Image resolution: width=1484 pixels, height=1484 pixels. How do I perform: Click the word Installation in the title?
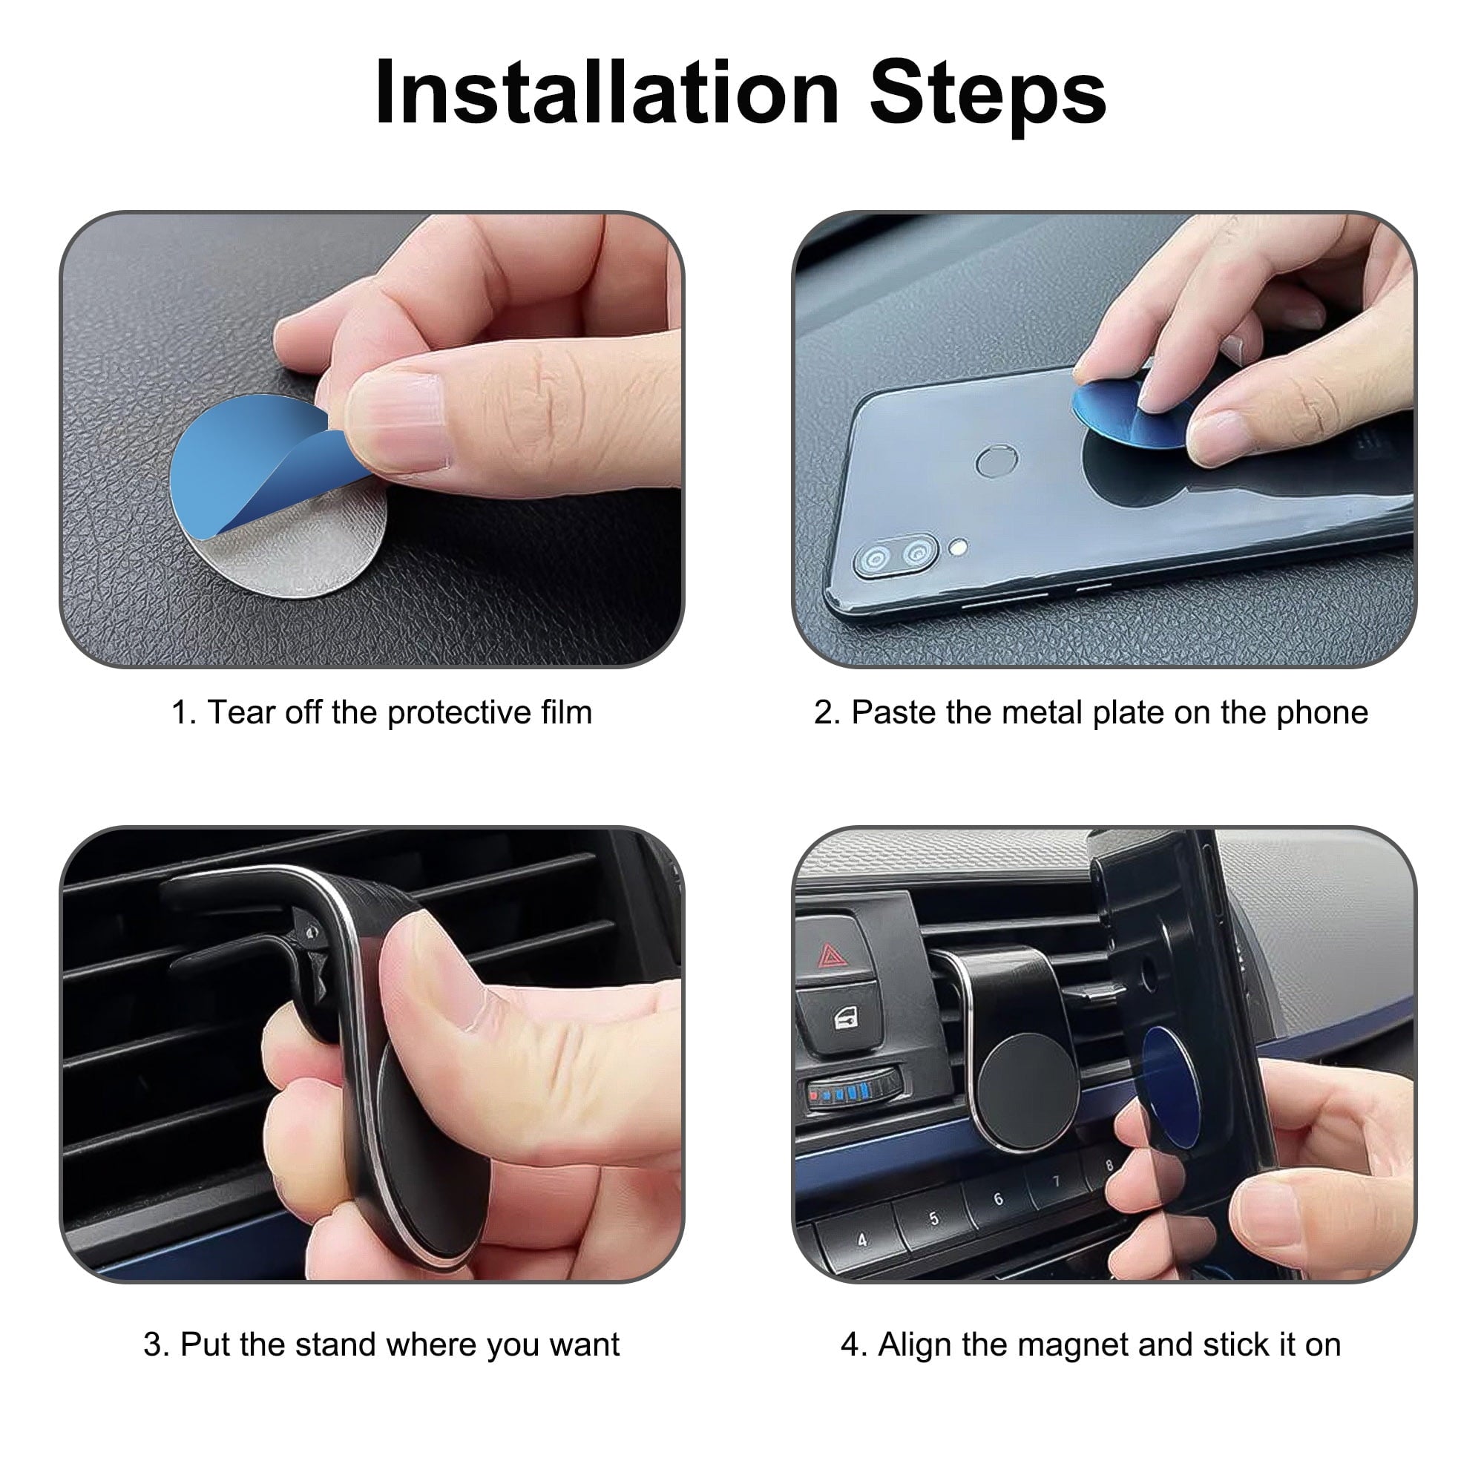tap(607, 93)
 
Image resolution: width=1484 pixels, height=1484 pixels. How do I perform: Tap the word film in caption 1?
tap(566, 712)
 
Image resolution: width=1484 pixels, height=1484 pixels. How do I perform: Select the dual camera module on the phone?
tap(896, 555)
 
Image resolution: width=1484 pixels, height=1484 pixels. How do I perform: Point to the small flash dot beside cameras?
tap(958, 547)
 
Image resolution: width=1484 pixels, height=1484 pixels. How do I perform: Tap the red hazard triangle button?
tap(831, 956)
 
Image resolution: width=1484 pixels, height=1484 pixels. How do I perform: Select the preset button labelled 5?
tap(933, 1219)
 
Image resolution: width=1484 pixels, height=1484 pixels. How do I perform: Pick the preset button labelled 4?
tap(861, 1240)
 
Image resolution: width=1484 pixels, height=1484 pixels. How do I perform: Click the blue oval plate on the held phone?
tap(1169, 1088)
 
